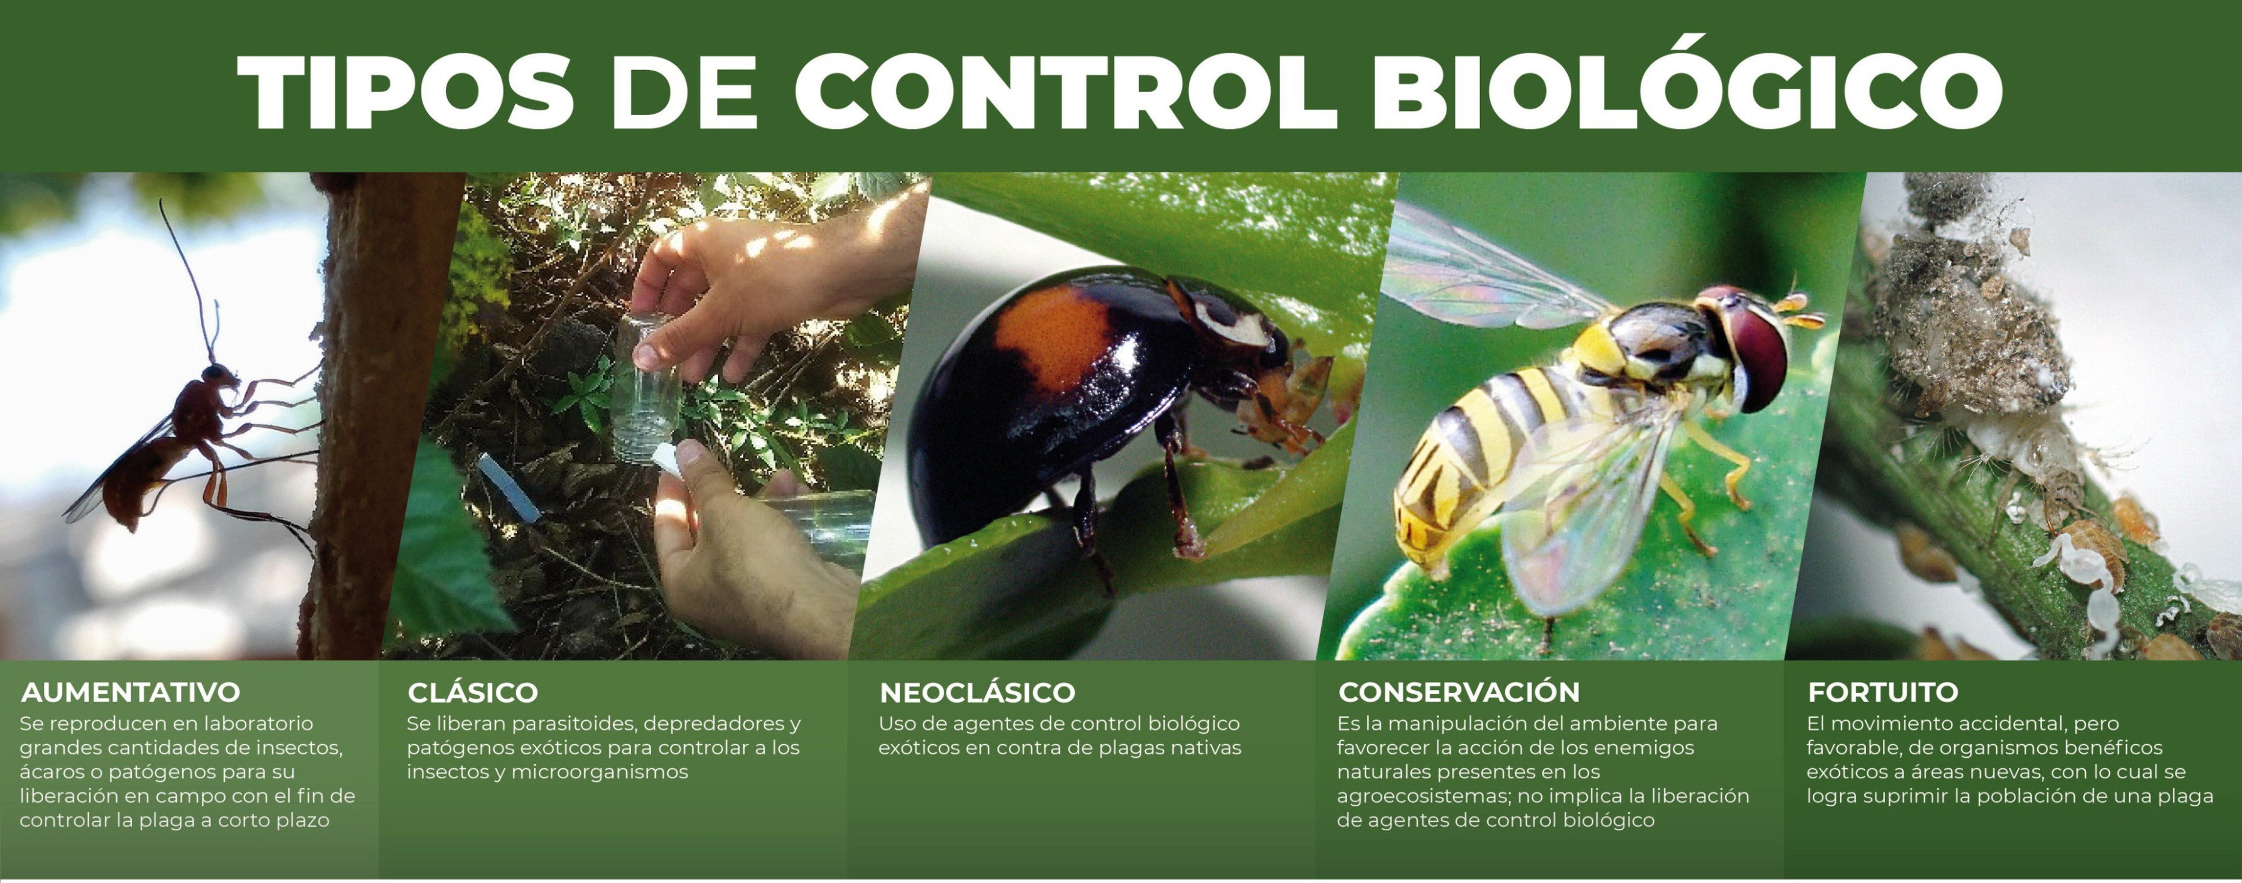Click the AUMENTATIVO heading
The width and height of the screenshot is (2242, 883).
(131, 693)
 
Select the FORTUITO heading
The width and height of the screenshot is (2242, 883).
(1882, 693)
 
